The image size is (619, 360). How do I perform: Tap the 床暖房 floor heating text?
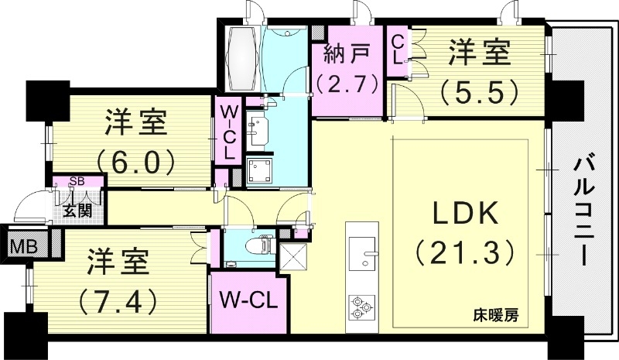click(x=496, y=315)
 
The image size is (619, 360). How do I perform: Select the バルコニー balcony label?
click(x=585, y=209)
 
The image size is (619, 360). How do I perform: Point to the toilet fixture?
click(x=255, y=246)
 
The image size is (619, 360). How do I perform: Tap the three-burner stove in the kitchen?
click(x=359, y=305)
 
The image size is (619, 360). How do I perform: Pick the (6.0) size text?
click(x=135, y=161)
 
